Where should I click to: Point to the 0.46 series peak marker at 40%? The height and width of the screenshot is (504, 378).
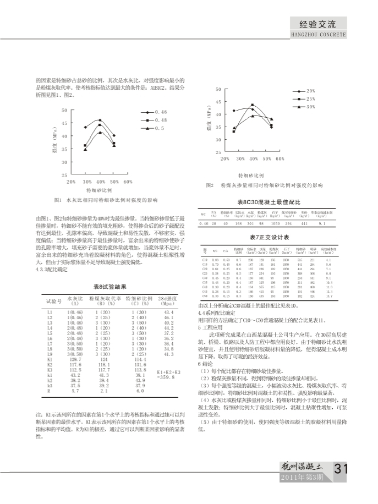click(x=100, y=119)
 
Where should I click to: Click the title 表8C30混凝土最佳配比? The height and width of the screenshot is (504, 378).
click(x=266, y=202)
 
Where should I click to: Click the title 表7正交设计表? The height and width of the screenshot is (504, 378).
click(x=266, y=236)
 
